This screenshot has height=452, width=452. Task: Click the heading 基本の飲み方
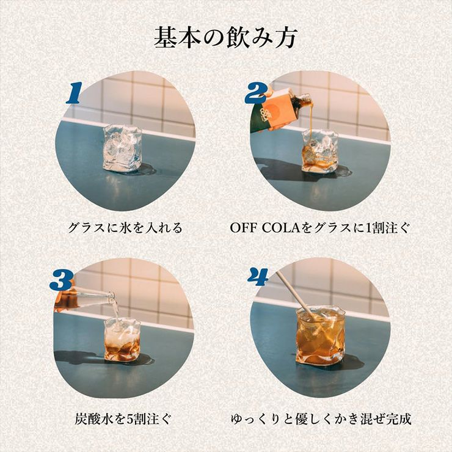[x=225, y=38]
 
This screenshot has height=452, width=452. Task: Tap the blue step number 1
[x=74, y=93]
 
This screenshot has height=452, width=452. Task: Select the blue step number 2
[x=255, y=93]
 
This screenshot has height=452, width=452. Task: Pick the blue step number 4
[x=258, y=277]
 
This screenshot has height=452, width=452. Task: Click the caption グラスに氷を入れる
[x=125, y=228]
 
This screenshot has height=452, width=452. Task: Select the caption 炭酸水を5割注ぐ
[x=124, y=420]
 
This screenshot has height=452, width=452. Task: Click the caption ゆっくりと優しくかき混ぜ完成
[x=321, y=420]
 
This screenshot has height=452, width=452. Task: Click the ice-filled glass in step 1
[x=122, y=147]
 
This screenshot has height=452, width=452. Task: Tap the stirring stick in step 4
[x=294, y=295]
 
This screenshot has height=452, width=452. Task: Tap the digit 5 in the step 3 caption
[x=134, y=420]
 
